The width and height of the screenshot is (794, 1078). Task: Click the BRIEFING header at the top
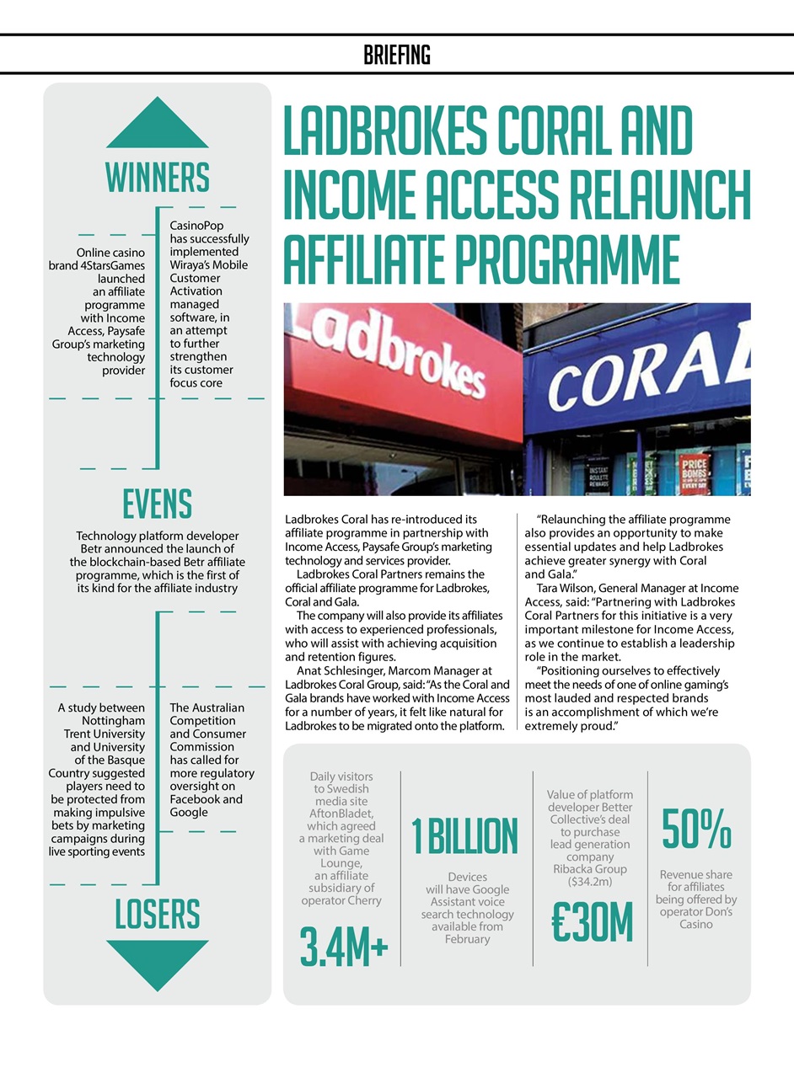[x=397, y=56]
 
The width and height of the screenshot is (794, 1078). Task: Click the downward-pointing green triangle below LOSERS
[x=158, y=963]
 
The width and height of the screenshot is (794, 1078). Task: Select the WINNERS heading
[x=158, y=178]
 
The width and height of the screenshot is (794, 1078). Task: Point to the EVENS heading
[x=158, y=504]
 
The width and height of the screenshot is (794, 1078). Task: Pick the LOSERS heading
[x=158, y=915]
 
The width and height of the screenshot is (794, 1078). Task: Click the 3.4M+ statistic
[x=344, y=947]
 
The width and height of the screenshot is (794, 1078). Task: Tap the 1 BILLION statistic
[x=465, y=835]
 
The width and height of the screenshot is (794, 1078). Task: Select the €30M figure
[x=591, y=923]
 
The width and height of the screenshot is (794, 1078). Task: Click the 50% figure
[x=696, y=830]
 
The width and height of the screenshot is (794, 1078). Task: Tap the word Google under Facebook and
[x=189, y=812]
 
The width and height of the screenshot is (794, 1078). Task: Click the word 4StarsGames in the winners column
[x=111, y=265]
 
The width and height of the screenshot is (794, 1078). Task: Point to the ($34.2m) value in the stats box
[x=590, y=882]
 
